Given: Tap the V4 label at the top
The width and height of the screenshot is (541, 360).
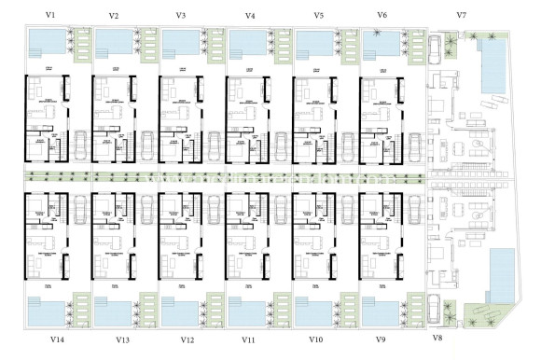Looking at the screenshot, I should [250, 16].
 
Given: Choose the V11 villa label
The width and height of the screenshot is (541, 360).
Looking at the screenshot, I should [249, 340].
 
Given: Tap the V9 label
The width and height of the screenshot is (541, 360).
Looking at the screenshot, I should [381, 340].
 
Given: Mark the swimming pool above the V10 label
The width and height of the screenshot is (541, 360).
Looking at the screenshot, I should [314, 309].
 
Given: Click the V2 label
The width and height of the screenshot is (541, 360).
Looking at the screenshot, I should [114, 16].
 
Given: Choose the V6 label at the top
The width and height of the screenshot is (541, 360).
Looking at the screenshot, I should [381, 16].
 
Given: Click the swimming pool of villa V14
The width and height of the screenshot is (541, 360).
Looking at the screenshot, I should [47, 309].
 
